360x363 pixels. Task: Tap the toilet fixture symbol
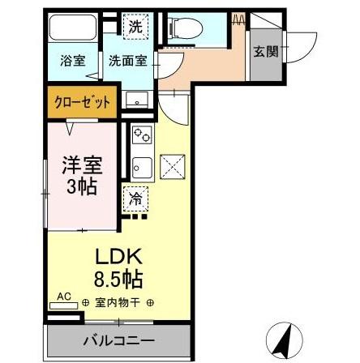coord(185,28)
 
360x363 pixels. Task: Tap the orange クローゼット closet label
coord(79,103)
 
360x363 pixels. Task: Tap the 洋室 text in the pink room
coord(83,164)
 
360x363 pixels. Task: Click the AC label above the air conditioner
coord(63,297)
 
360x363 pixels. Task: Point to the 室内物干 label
coord(118,304)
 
